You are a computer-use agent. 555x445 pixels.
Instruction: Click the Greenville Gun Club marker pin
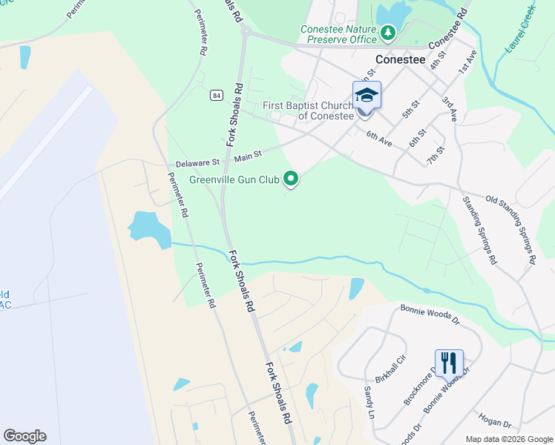coord(292,178)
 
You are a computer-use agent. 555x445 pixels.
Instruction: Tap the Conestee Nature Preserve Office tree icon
coord(387,32)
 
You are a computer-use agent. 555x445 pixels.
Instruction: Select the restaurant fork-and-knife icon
coord(449,362)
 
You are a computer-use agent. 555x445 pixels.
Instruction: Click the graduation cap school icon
coord(367,94)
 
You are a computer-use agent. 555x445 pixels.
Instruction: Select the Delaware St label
coord(198,162)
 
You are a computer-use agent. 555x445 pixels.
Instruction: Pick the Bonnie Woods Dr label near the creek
coord(430,308)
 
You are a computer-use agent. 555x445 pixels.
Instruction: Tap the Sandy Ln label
coord(367,401)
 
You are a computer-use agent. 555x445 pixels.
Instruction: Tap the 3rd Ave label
coord(450,108)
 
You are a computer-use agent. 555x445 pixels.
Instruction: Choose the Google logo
coord(24,436)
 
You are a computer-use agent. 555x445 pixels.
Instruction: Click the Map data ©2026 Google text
coord(508,439)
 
